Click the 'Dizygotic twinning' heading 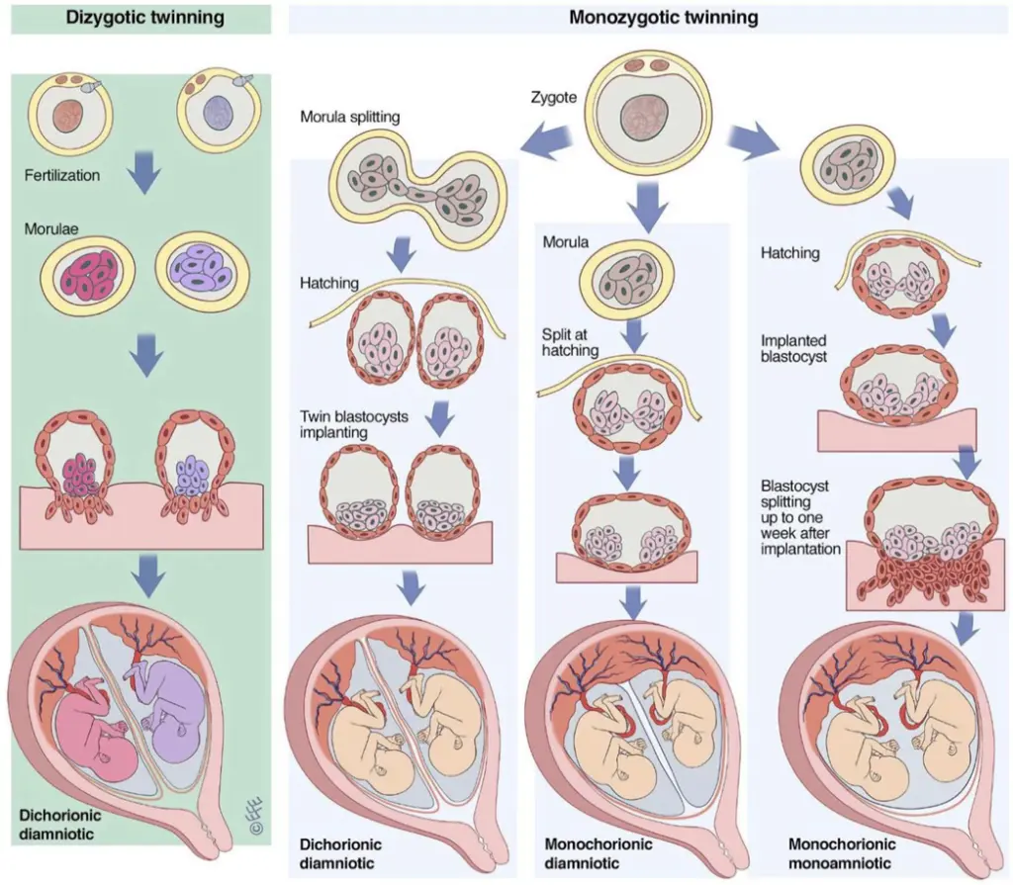[143, 18]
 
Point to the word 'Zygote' [554, 97]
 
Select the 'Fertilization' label [64, 175]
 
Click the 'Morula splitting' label [350, 118]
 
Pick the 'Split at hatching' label [570, 342]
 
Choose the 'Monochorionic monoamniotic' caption [843, 853]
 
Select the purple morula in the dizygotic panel [198, 269]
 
